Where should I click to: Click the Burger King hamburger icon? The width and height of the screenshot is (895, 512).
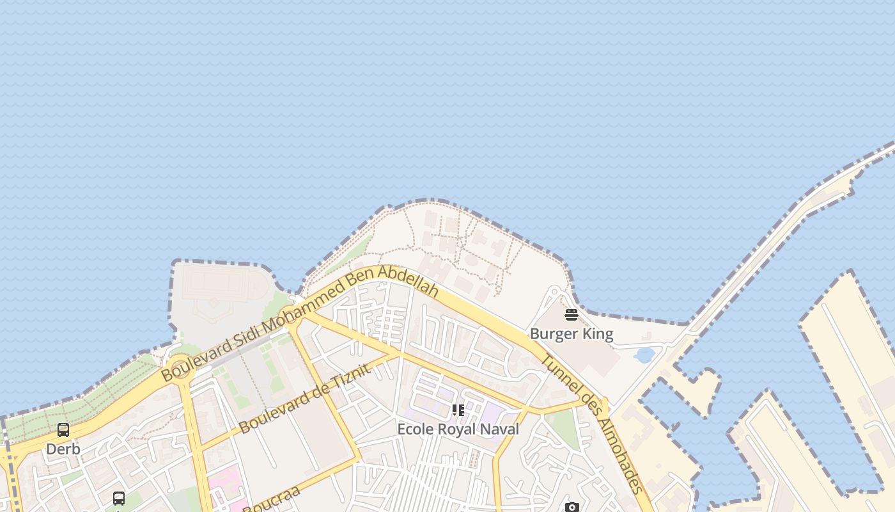point(572,315)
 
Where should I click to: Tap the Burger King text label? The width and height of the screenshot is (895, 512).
point(572,334)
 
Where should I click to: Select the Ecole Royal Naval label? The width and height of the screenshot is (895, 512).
point(458,429)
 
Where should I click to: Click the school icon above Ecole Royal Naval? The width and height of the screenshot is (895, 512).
point(458,410)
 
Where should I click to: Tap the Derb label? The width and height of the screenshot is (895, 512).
point(63,449)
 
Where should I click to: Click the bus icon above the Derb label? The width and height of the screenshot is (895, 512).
point(63,430)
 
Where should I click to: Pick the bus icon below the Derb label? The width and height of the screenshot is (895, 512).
point(119,498)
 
